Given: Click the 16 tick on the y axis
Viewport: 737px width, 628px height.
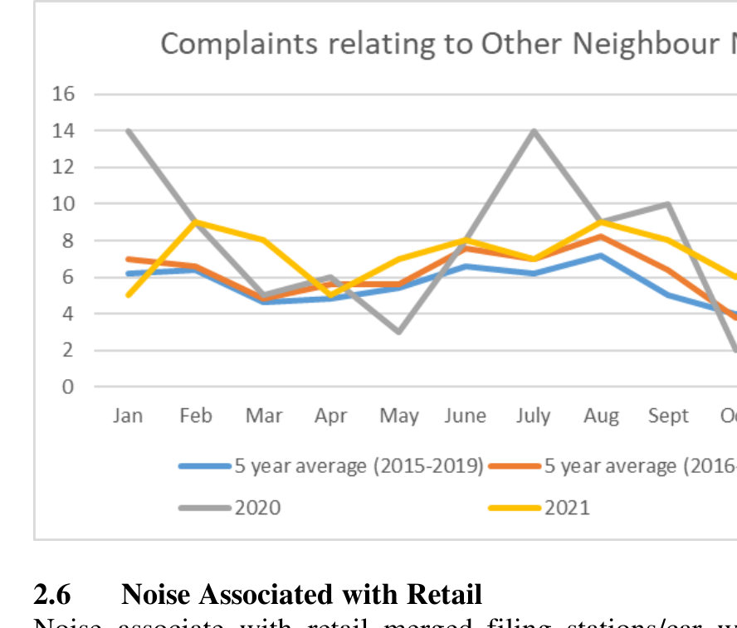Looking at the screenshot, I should pyautogui.click(x=64, y=94).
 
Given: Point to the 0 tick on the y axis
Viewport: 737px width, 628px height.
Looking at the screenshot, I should pyautogui.click(x=68, y=387).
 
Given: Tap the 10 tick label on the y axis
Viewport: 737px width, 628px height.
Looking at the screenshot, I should pyautogui.click(x=64, y=204).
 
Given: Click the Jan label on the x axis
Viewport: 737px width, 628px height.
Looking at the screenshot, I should pyautogui.click(x=128, y=416).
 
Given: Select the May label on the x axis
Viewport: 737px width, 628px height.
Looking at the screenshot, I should pyautogui.click(x=399, y=416).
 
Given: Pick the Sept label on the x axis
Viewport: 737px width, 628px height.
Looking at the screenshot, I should pyautogui.click(x=668, y=416).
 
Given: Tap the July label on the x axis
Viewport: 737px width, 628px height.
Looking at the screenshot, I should pyautogui.click(x=533, y=416).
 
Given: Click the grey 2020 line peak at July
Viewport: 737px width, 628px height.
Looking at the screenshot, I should pyautogui.click(x=534, y=130).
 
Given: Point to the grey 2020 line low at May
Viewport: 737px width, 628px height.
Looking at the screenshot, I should pyautogui.click(x=399, y=332).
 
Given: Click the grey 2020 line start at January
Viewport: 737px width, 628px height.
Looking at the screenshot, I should pyautogui.click(x=129, y=130).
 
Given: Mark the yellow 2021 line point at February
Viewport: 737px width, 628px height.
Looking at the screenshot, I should pyautogui.click(x=196, y=222).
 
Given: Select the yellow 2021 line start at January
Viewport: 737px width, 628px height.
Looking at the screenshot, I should pyautogui.click(x=129, y=295).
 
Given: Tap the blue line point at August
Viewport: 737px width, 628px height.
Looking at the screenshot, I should pyautogui.click(x=601, y=255).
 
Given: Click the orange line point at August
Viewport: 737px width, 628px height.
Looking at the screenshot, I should pyautogui.click(x=601, y=236).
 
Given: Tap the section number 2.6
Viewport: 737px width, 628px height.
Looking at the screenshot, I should pyautogui.click(x=51, y=595).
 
